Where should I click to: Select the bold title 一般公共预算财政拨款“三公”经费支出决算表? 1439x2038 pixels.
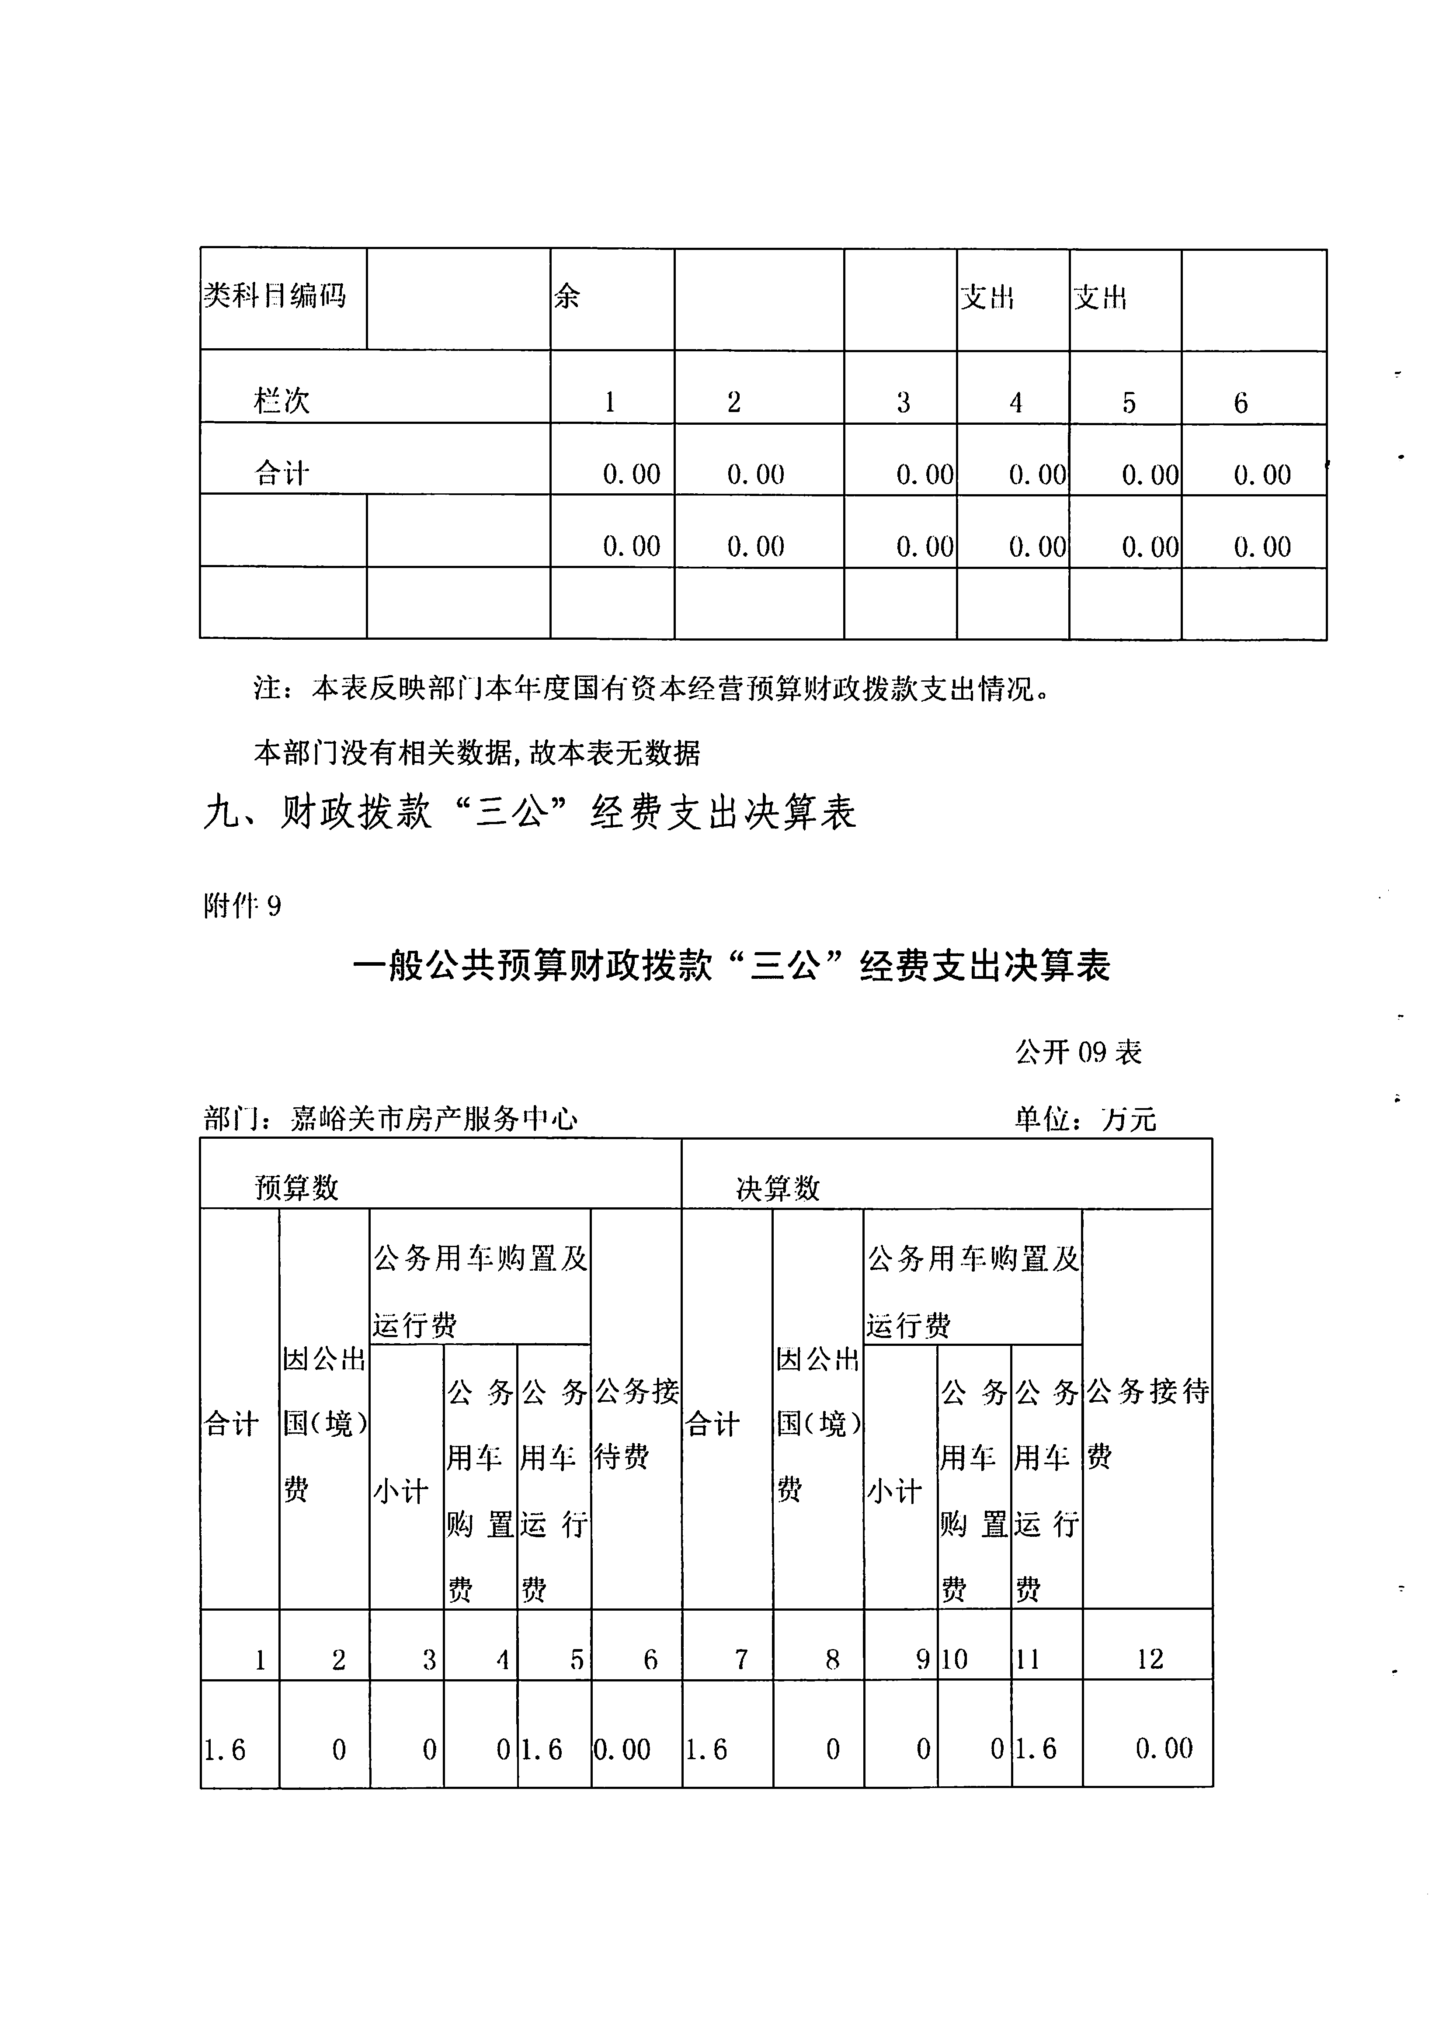click(x=731, y=966)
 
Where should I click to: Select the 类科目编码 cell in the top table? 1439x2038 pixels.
click(x=275, y=295)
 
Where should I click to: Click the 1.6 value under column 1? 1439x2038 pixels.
click(x=225, y=1750)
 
